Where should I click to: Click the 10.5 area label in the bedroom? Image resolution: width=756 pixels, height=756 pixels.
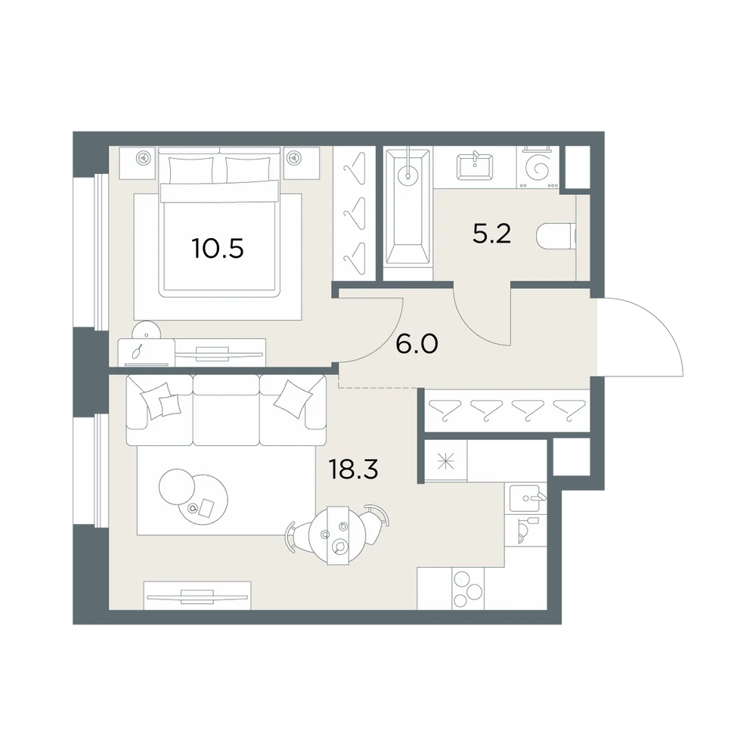pos(218,249)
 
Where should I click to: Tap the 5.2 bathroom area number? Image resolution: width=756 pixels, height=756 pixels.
pos(491,234)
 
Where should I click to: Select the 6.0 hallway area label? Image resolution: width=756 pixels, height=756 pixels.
pos(417,344)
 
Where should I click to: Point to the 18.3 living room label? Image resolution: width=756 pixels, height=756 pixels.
pos(353,469)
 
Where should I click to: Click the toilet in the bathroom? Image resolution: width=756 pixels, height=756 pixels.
pos(556,237)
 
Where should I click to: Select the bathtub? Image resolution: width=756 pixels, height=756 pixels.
pos(408,207)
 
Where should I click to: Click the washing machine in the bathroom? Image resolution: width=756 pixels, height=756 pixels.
pos(538,167)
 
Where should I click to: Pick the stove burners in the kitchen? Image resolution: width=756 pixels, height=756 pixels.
pos(467,589)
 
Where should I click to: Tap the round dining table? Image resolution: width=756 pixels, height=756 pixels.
pos(337,535)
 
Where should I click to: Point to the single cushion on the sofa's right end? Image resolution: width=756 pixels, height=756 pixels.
pos(292,400)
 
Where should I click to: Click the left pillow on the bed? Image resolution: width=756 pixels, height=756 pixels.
pos(191,169)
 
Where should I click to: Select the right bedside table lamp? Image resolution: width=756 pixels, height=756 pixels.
pos(294,158)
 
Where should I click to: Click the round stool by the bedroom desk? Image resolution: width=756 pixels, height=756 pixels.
pos(147,330)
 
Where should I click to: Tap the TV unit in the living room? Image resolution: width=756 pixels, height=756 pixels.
pos(197,596)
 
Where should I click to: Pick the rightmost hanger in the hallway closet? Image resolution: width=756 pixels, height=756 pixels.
pos(569,410)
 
